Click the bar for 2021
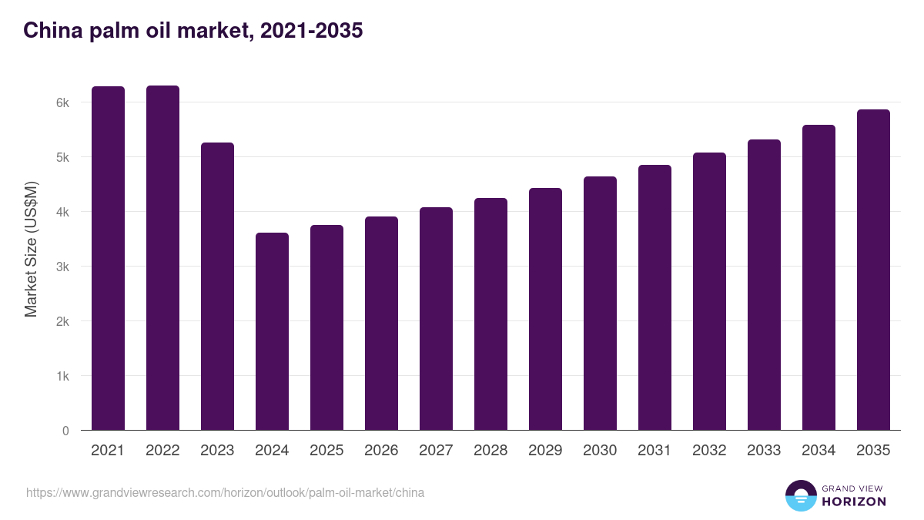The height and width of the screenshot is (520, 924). click(x=108, y=258)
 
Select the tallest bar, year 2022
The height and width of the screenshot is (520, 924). click(x=162, y=258)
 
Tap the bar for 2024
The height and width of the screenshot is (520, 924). click(x=272, y=331)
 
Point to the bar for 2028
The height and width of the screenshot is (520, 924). click(x=490, y=314)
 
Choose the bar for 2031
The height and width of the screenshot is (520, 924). click(x=654, y=297)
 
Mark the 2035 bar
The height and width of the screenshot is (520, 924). click(x=873, y=270)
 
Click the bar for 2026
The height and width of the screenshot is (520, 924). click(x=381, y=324)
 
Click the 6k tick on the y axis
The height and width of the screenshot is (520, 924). click(x=62, y=102)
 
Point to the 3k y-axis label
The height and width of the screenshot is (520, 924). click(x=62, y=267)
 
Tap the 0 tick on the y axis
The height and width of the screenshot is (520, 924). click(x=65, y=431)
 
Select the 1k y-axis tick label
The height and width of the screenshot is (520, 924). click(x=62, y=376)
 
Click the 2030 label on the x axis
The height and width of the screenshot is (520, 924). click(x=600, y=451)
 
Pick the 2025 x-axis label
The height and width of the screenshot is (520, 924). click(x=326, y=451)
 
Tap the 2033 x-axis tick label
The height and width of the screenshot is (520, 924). click(x=764, y=451)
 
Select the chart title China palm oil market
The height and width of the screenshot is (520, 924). click(x=193, y=31)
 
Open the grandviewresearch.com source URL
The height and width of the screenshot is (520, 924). click(x=225, y=492)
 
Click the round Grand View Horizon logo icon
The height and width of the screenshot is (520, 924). click(x=800, y=495)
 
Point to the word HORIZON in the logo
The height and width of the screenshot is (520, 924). click(x=854, y=502)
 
